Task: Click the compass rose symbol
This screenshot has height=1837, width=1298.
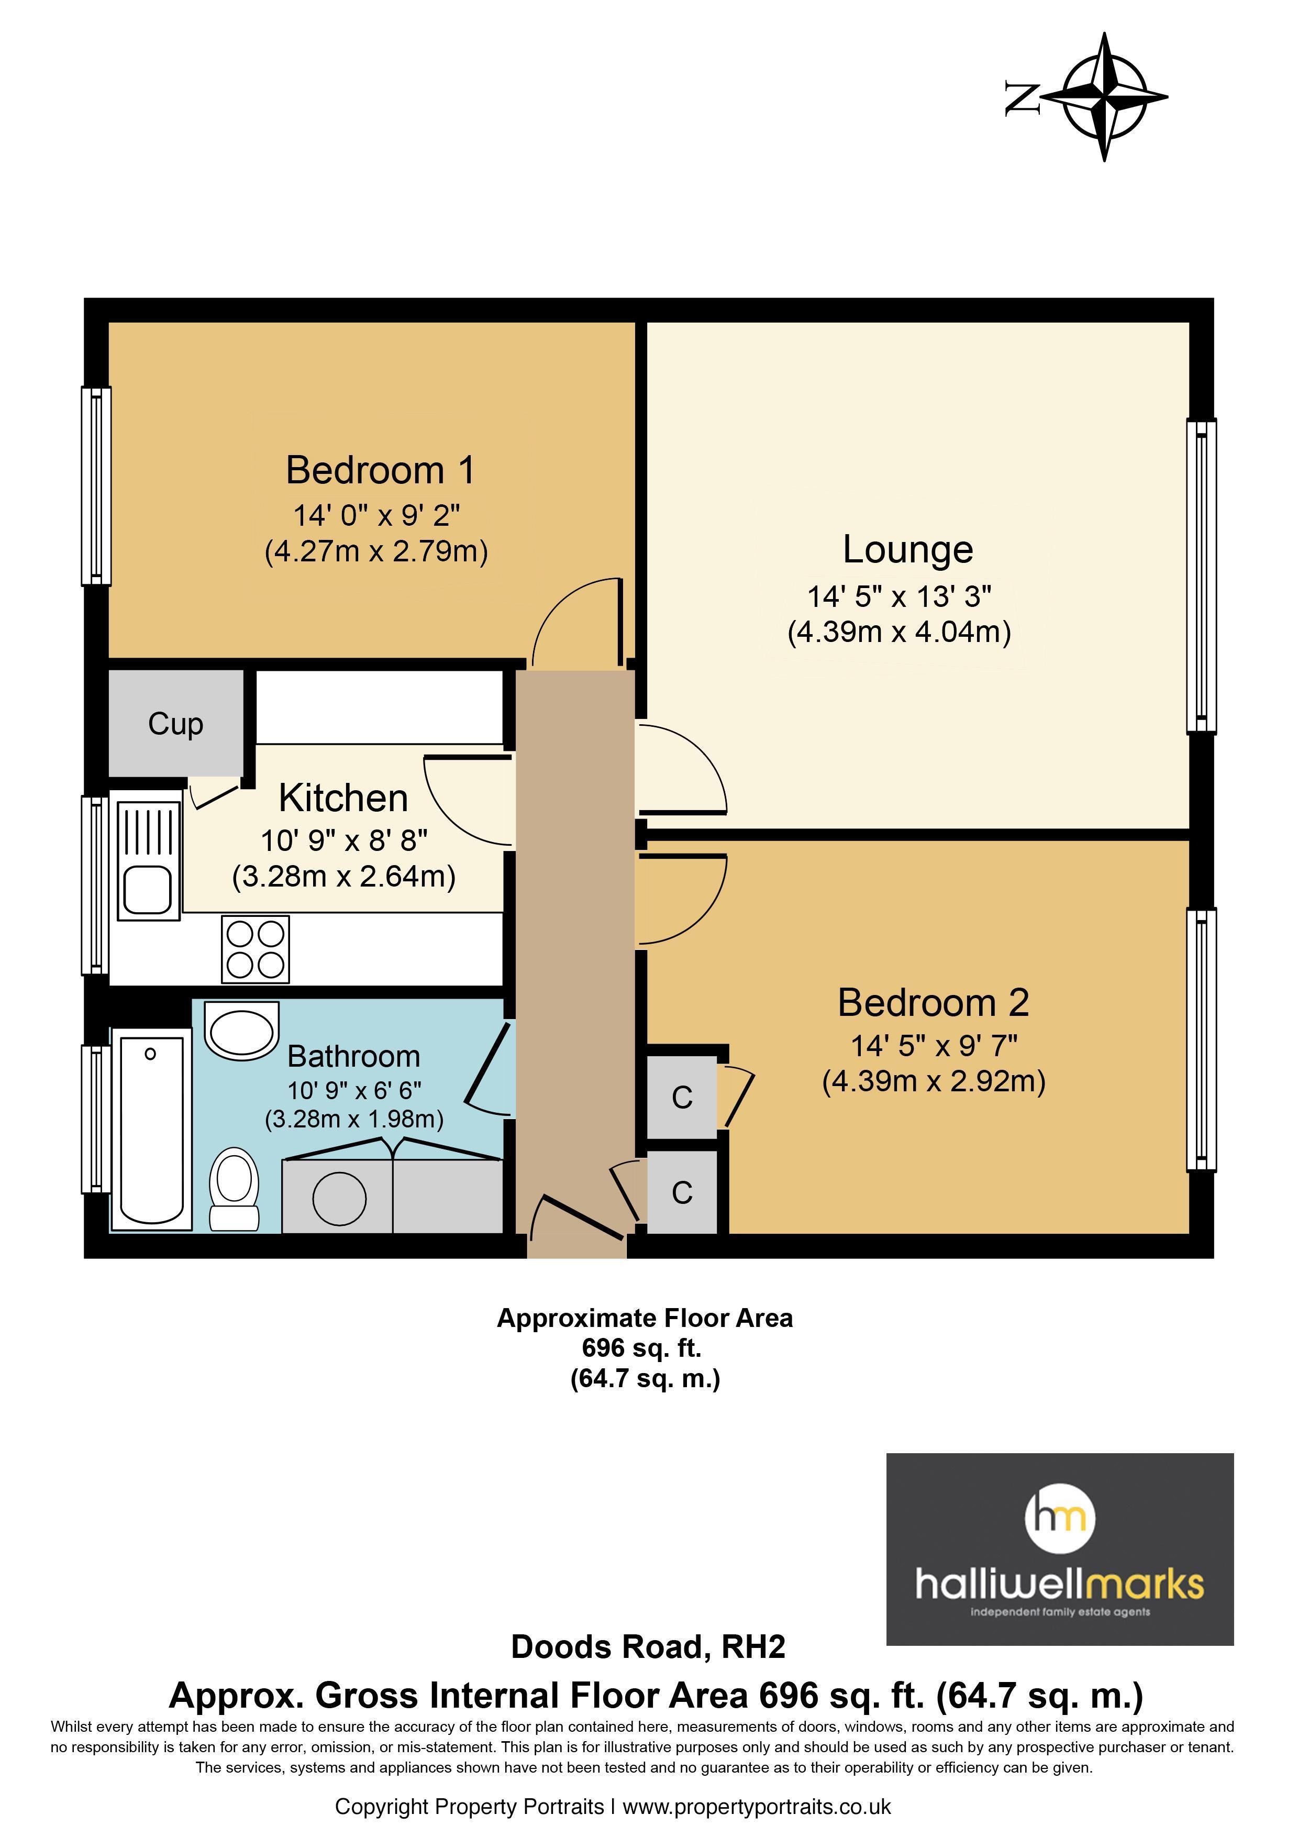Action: click(x=1104, y=97)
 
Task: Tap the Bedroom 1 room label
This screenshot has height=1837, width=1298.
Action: click(x=381, y=470)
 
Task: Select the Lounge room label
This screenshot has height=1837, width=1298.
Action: click(x=908, y=550)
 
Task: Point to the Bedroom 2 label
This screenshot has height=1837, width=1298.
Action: click(x=933, y=1002)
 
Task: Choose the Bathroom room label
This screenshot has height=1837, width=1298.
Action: click(x=353, y=1056)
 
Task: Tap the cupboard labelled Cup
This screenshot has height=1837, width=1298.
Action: click(x=176, y=723)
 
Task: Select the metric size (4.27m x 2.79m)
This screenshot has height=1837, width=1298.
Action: click(x=376, y=551)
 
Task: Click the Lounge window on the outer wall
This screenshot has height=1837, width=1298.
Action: click(x=1201, y=576)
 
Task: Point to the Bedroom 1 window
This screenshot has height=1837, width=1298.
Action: click(x=96, y=485)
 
